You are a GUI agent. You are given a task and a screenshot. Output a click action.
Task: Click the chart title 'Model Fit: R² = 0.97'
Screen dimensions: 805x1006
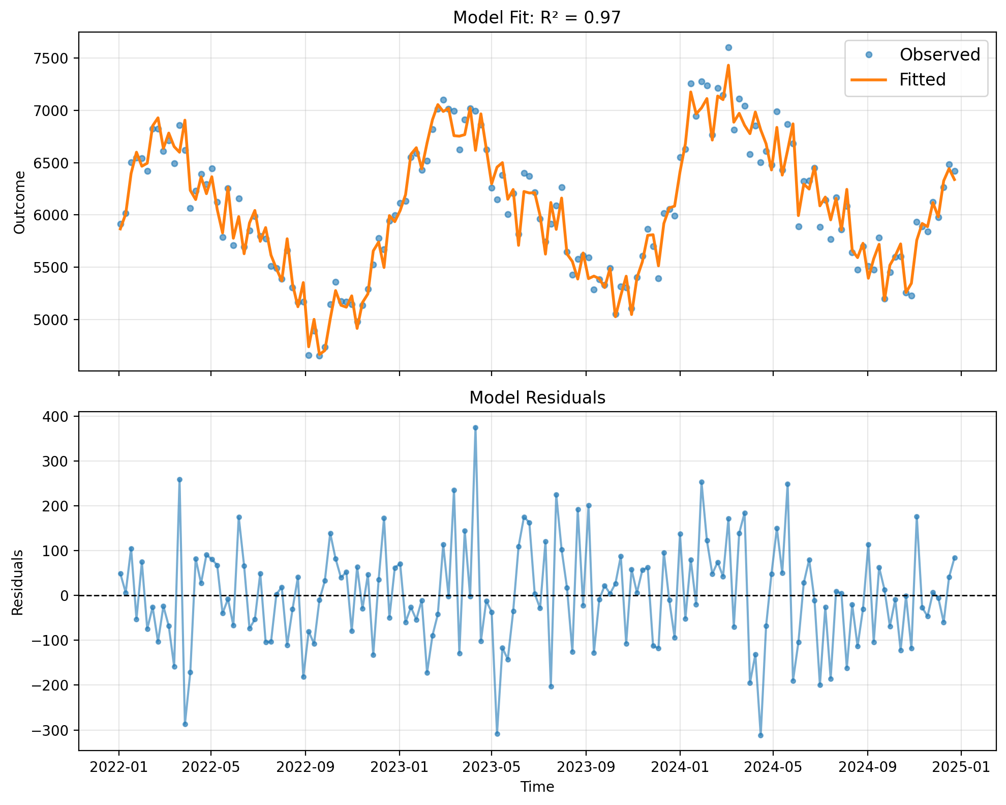tap(537, 18)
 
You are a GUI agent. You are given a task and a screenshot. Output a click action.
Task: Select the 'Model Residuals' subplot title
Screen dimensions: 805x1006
tap(537, 398)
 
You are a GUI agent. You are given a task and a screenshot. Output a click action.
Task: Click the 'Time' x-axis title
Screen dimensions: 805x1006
tap(537, 787)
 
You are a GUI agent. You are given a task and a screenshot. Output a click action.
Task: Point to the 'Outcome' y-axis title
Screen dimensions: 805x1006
tap(19, 202)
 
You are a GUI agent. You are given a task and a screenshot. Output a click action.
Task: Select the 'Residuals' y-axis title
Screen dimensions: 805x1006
tap(17, 582)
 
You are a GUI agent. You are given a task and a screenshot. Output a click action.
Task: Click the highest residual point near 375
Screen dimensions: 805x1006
tap(475, 428)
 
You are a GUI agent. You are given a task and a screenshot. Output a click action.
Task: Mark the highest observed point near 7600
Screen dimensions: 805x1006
tap(728, 47)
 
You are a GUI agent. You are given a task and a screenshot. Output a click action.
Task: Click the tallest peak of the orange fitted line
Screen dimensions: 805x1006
tap(728, 65)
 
